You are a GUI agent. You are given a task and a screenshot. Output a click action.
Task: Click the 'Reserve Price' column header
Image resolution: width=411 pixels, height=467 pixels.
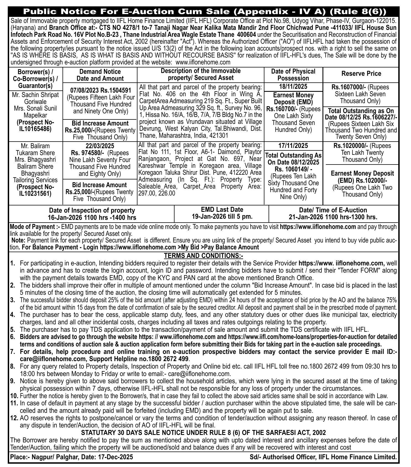coord(361,74)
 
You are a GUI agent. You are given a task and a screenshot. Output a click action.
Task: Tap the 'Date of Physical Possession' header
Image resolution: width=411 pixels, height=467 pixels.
coord(293,75)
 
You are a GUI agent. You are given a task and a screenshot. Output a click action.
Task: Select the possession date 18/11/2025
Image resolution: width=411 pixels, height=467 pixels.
coord(293,87)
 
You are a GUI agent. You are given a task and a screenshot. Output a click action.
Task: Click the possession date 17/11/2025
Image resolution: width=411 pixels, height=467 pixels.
coord(293,146)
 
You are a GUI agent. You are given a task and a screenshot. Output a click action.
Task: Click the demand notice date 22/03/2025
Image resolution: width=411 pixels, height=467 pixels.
coord(100,146)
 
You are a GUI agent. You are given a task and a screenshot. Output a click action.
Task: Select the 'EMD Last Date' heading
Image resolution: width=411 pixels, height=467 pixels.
coord(222,210)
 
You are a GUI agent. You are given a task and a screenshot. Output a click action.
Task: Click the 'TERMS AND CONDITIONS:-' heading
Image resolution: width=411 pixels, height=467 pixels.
coord(203,255)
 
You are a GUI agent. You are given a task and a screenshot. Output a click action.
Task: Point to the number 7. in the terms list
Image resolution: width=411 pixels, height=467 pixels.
coord(12,352)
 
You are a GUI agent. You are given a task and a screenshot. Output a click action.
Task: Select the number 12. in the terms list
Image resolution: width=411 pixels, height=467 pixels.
coord(14,418)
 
